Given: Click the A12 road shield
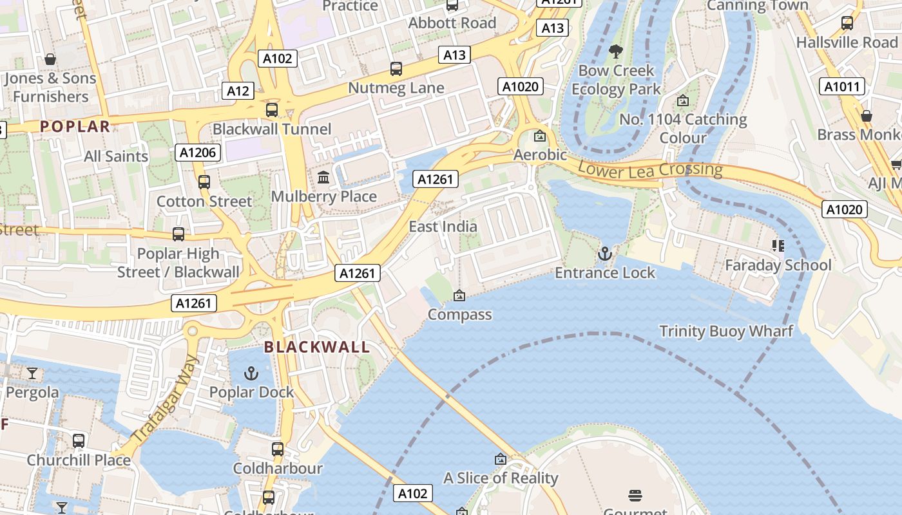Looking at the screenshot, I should point(238,91).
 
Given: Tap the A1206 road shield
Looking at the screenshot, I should point(198,153).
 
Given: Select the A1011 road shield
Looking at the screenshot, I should point(841,86).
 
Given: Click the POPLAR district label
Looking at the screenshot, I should point(75,126).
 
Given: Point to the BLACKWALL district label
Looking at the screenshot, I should point(317,347).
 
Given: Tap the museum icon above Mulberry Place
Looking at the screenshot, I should point(323,177).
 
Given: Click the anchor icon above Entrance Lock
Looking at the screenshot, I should point(604,253).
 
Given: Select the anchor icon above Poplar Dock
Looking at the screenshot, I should point(251,373).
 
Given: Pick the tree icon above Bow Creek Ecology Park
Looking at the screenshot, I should point(616,51).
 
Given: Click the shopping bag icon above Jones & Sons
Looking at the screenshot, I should point(50,59).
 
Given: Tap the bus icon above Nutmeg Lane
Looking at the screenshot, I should point(396,68).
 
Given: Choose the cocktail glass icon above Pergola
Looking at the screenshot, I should point(32,373).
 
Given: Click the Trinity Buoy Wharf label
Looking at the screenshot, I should point(726,332).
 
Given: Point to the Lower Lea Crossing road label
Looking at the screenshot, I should point(650,170).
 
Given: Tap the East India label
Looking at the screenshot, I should point(443,227).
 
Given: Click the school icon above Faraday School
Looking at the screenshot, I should point(778,245).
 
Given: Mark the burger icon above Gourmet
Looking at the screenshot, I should point(635,495).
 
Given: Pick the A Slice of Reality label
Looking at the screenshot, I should point(501,478).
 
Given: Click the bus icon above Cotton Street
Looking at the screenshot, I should point(204,182).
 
